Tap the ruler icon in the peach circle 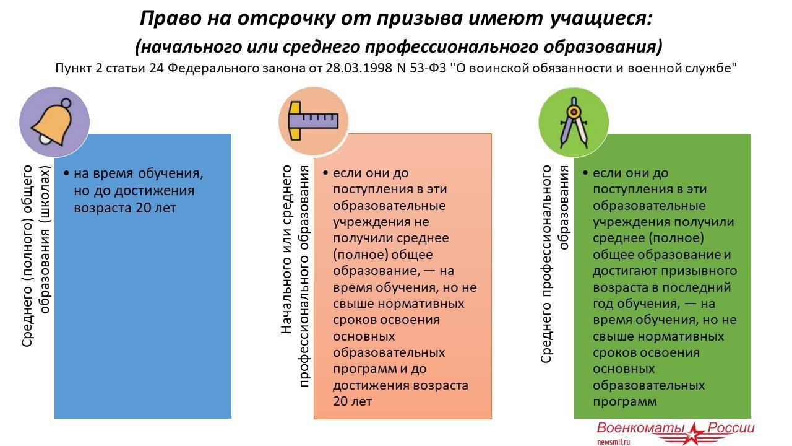tap(313, 121)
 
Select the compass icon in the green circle tap(574, 123)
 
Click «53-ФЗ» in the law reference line tap(428, 68)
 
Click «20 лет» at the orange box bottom tap(353, 401)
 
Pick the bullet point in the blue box tap(66, 173)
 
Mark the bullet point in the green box tap(585, 173)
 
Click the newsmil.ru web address tap(614, 442)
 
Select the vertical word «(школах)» tap(45, 195)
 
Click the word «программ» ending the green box tap(625, 402)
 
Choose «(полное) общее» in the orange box tap(383, 255)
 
